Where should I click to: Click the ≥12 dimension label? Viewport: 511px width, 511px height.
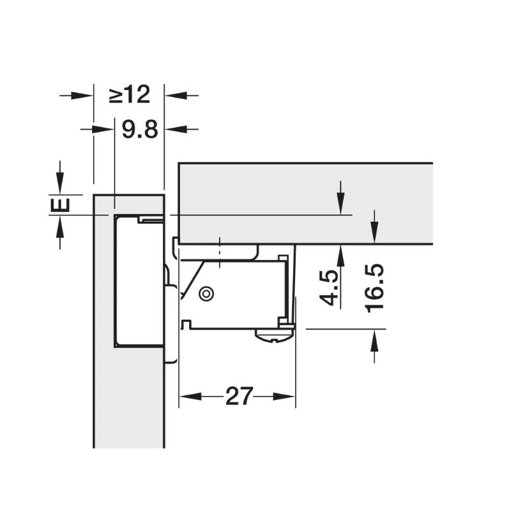(x=130, y=95)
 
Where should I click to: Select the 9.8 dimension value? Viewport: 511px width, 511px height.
(x=140, y=130)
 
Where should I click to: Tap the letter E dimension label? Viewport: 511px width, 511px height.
(x=60, y=205)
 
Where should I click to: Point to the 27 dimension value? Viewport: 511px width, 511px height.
(x=239, y=396)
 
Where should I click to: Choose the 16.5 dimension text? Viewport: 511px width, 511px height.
(x=375, y=289)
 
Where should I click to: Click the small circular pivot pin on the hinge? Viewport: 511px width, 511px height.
(x=206, y=294)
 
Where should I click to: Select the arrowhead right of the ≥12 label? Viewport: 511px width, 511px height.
(x=175, y=95)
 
